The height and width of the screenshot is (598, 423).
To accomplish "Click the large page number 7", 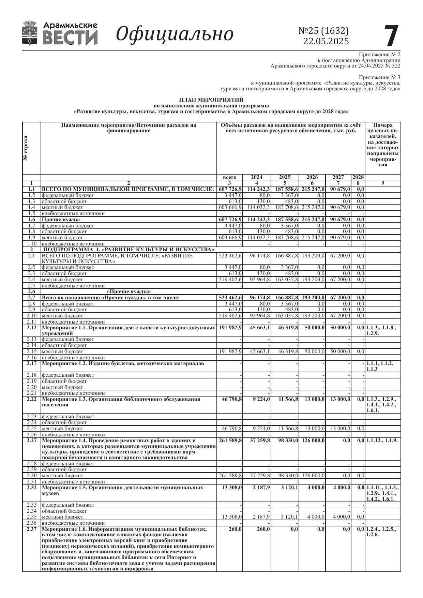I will (391, 36).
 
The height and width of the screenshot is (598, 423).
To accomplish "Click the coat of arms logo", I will (30, 33).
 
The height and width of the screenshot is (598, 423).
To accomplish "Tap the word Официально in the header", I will (175, 34).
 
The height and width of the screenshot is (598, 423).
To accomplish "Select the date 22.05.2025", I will (326, 41).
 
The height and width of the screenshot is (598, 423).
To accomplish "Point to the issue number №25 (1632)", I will (323, 31).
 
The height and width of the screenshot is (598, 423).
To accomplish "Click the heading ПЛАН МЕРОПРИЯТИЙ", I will (211, 100).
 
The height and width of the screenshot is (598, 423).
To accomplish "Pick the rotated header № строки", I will (26, 148).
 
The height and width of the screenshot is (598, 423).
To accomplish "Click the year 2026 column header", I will (312, 177).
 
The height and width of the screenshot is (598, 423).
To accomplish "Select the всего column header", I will (229, 177).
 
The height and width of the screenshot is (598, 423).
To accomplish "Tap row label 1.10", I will (31, 244).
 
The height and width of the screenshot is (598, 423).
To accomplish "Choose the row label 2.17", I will (31, 363).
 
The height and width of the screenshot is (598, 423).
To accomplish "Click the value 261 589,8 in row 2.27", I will (230, 440).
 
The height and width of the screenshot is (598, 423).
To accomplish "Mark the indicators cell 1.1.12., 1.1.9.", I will (382, 440).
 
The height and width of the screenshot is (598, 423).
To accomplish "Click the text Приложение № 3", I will (379, 77).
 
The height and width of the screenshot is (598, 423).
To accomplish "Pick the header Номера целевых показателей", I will (383, 145).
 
